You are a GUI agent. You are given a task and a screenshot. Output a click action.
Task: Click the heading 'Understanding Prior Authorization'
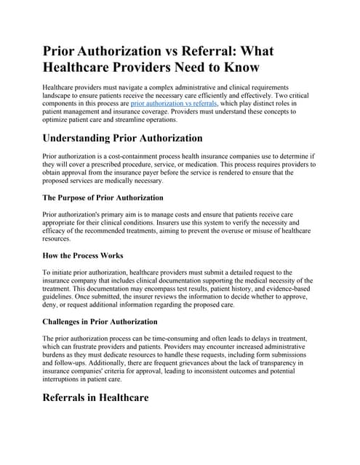point(122,139)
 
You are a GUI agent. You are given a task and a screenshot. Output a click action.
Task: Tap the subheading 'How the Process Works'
point(84,256)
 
